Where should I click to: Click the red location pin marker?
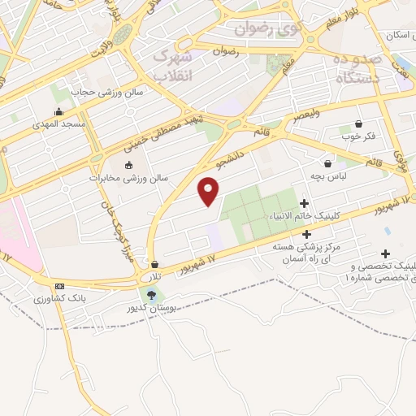(209, 191)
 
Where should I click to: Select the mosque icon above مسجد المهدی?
(58, 112)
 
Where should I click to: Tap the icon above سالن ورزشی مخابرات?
(127, 166)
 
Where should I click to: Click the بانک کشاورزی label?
(60, 299)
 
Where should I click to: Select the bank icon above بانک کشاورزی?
(59, 287)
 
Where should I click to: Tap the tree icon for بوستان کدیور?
(151, 295)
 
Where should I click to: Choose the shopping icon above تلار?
(154, 264)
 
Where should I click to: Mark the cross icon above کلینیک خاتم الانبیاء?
(305, 203)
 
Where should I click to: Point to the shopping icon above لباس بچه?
(327, 163)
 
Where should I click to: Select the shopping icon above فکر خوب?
(358, 124)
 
